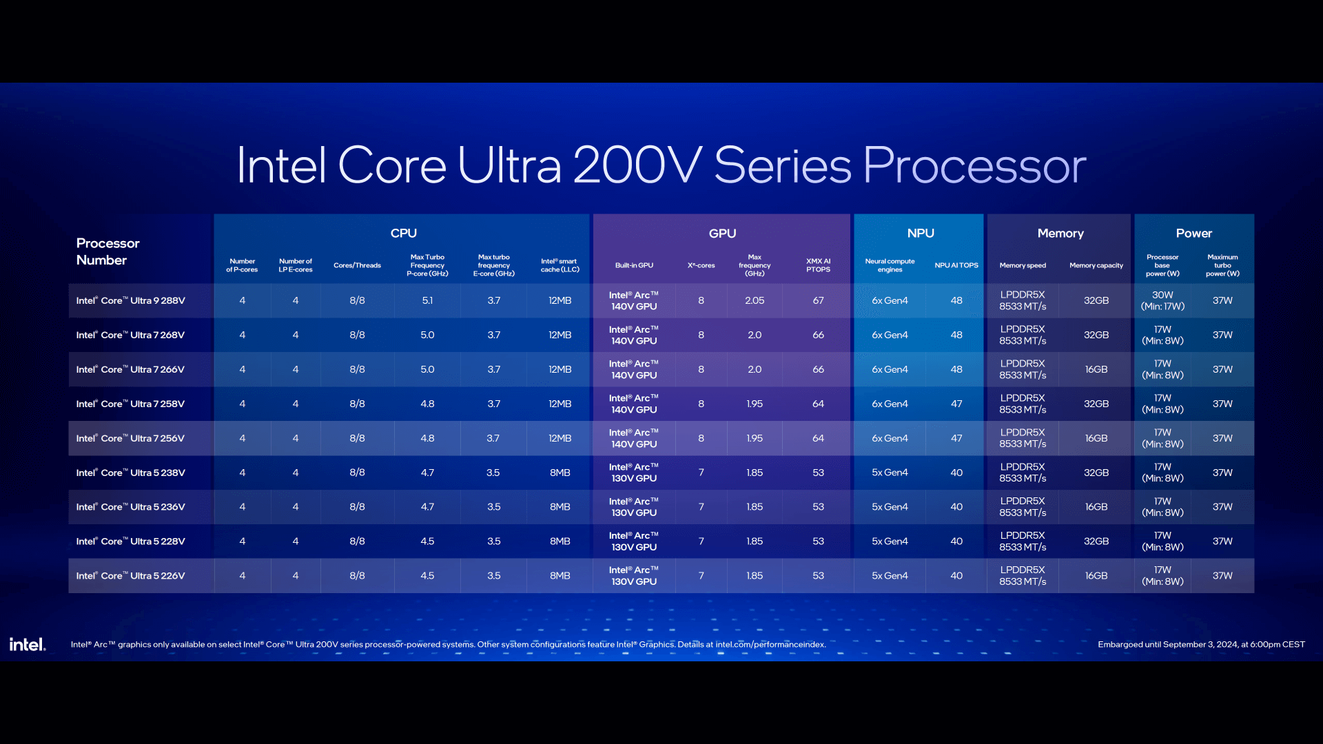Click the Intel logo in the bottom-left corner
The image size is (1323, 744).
[27, 644]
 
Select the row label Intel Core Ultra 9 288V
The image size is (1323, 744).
[131, 300]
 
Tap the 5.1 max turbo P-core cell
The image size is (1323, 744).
[427, 300]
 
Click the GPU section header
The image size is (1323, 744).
[722, 234]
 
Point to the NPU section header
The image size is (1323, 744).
[920, 234]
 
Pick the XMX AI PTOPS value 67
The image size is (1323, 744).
[818, 300]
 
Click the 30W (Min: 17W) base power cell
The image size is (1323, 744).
[1162, 300]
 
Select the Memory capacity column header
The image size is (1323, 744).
[1096, 265]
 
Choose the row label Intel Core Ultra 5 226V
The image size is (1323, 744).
[131, 576]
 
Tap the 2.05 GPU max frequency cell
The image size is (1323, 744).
[755, 300]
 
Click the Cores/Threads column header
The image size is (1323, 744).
[357, 265]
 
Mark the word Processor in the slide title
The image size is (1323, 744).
[974, 166]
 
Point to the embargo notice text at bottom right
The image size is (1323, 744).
[1201, 645]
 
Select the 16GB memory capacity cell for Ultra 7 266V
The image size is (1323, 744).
[1096, 369]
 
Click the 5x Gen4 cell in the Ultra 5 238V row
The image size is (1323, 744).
[890, 473]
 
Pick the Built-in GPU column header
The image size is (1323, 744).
[634, 265]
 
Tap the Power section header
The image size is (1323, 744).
[1193, 234]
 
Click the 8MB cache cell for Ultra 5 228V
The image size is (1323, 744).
[560, 541]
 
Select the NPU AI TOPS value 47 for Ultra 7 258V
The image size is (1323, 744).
[956, 404]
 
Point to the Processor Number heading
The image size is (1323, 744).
[107, 251]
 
